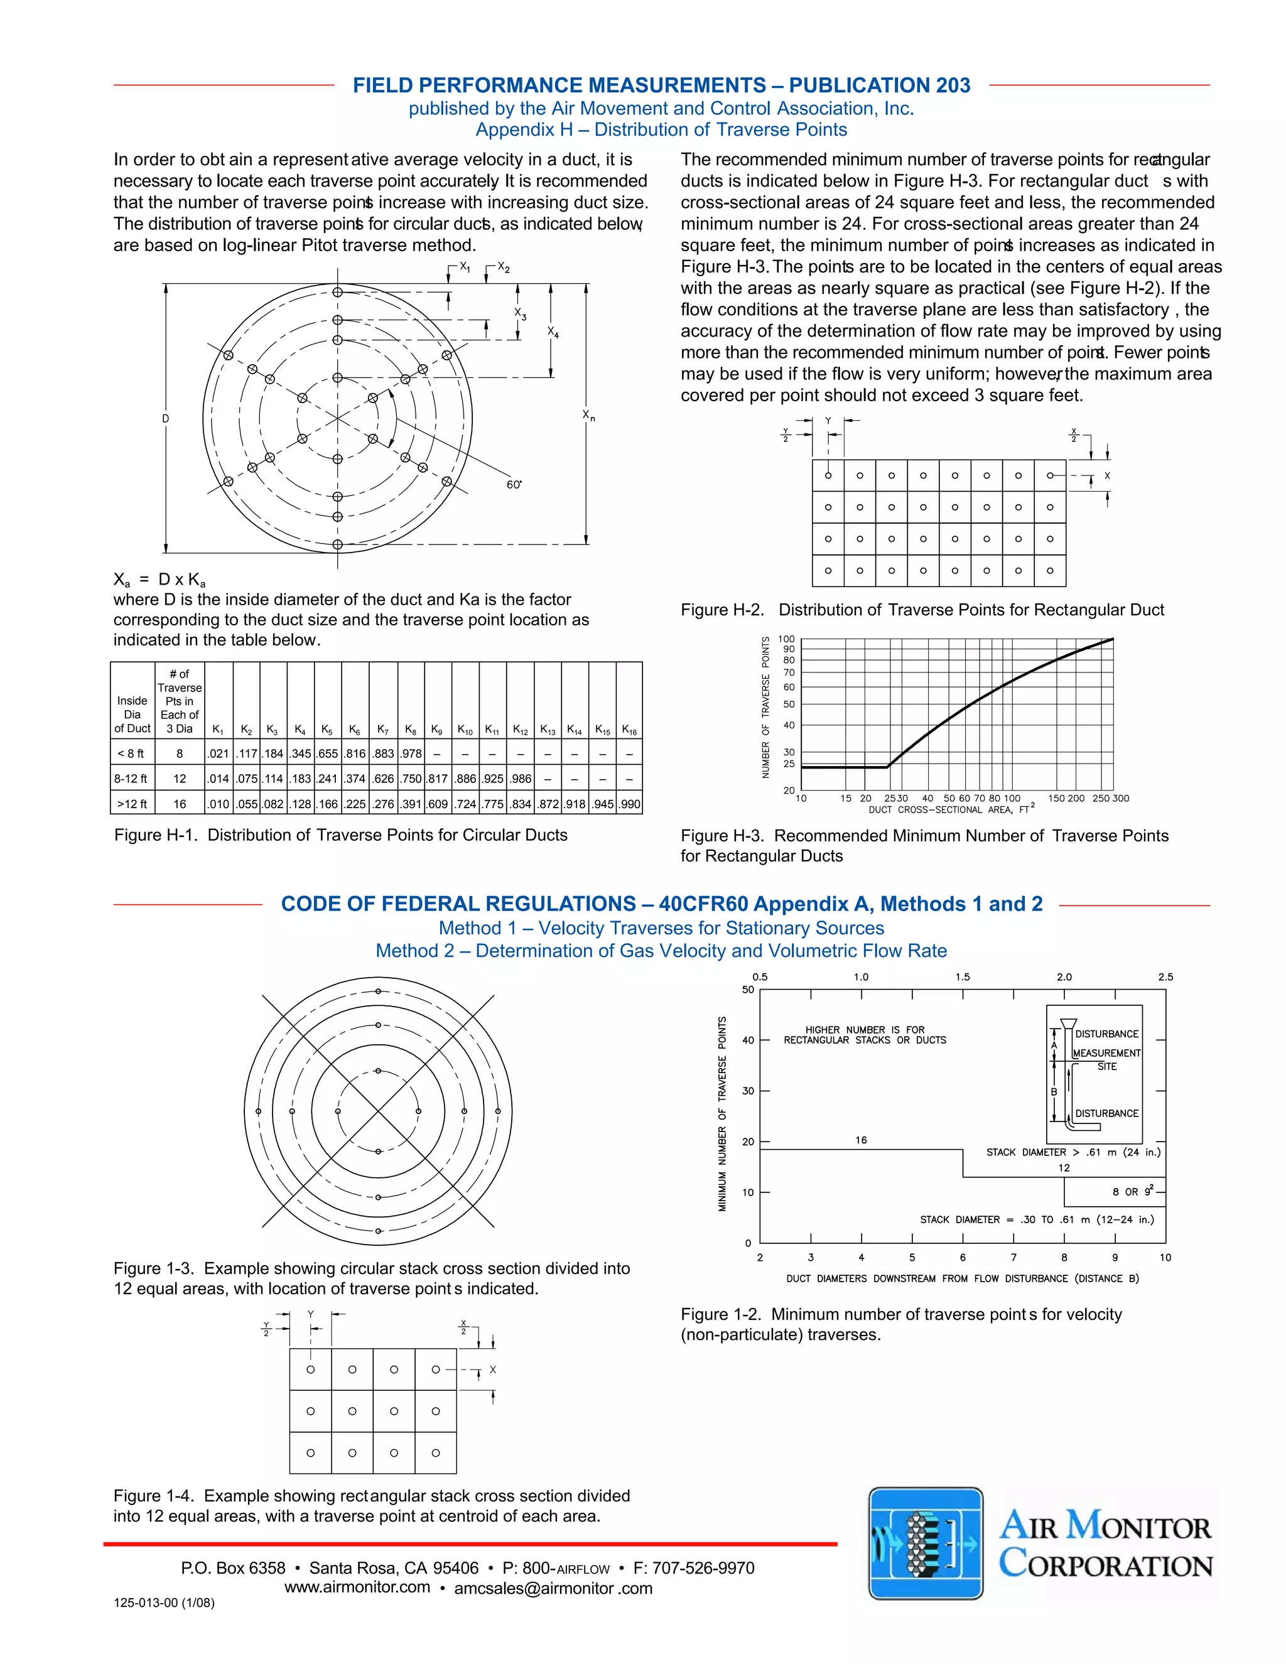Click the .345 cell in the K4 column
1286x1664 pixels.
(300, 754)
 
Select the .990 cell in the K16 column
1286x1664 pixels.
(629, 804)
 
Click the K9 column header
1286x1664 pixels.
(436, 730)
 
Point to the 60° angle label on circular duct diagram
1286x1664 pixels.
(514, 485)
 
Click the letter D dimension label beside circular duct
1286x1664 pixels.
(165, 418)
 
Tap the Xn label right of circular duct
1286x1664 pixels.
(588, 415)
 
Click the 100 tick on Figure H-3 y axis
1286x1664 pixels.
(786, 639)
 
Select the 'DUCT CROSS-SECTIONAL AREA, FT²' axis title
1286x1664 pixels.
(951, 809)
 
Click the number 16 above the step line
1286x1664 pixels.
(861, 1140)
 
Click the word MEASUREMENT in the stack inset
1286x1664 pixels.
(1106, 1053)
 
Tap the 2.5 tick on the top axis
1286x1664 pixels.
(1165, 977)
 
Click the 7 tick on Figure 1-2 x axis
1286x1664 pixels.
(1013, 1257)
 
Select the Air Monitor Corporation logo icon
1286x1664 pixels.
(926, 1543)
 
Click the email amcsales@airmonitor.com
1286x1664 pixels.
(553, 1589)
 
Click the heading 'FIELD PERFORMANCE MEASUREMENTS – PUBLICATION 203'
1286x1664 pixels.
(661, 85)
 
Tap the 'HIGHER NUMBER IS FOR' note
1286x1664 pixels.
(865, 1029)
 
